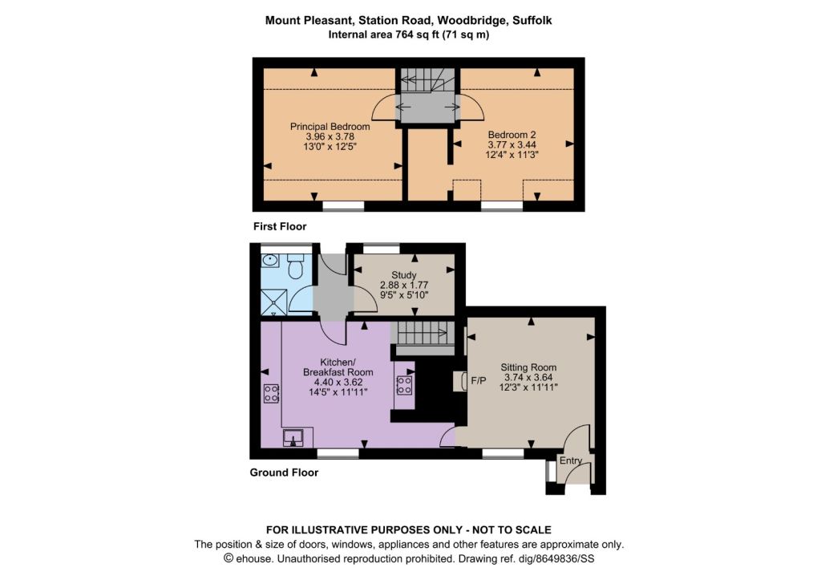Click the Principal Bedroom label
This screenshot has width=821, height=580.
coord(330,126)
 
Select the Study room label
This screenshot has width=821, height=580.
coord(404,275)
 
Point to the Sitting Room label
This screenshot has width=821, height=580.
coord(528,367)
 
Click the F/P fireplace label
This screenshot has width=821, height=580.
coord(479,381)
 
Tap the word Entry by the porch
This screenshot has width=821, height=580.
coord(571,460)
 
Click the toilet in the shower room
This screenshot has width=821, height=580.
coord(296,266)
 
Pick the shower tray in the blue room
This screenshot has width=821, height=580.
coord(274,302)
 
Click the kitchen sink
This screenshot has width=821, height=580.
coord(293,437)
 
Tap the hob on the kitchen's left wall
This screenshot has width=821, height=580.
coord(271,393)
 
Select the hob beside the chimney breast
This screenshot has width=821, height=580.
coord(404,385)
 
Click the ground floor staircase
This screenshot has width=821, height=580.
coord(422,333)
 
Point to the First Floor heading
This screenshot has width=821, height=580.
coord(280,226)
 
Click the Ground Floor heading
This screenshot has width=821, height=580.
coord(284,473)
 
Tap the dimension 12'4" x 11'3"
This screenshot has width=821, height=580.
coord(512,155)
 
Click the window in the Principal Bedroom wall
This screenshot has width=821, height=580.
coord(343,206)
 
